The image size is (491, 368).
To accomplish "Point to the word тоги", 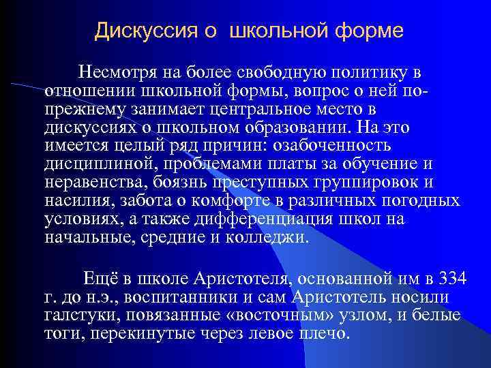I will [x=62, y=335].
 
